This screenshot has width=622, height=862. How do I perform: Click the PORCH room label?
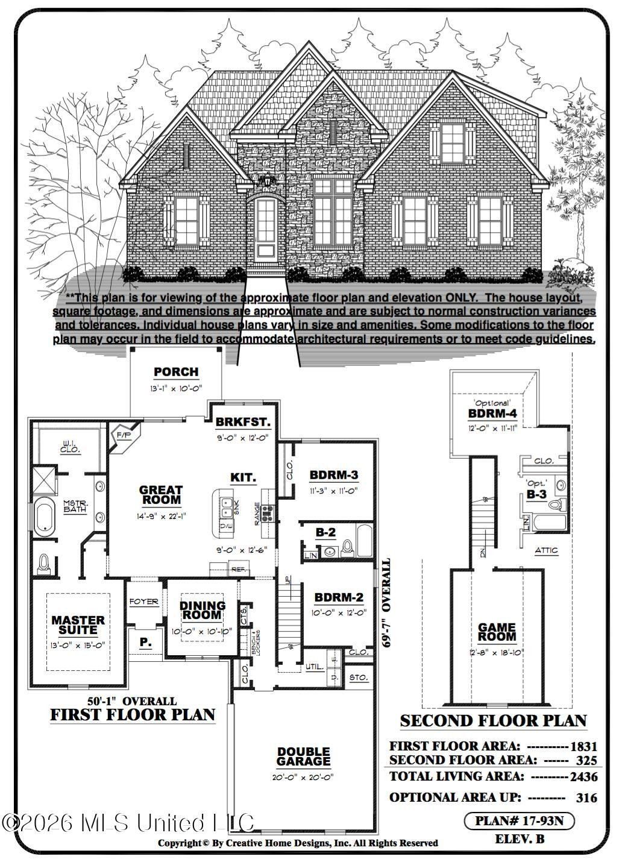tap(176, 372)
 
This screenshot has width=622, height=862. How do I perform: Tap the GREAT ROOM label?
tap(160, 495)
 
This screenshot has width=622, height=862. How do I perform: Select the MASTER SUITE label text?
tap(78, 624)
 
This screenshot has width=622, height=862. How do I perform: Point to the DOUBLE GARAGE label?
tap(304, 757)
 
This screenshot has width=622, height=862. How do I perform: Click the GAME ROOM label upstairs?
tap(497, 632)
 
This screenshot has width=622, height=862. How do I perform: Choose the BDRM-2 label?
tap(339, 597)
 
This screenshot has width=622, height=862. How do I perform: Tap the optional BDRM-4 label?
tap(492, 414)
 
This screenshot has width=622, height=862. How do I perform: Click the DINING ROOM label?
tap(203, 610)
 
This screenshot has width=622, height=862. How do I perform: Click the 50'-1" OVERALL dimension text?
tap(131, 701)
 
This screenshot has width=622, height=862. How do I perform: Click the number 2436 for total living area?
tap(584, 777)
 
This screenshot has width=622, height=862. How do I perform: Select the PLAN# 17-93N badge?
tap(519, 820)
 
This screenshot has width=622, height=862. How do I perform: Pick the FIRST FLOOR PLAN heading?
tap(132, 715)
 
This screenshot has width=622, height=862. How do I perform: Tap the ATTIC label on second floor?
tap(546, 550)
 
